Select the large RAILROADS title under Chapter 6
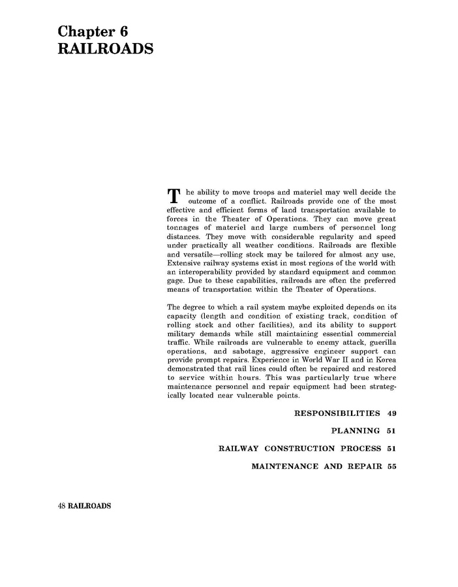(105, 50)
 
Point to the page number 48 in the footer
(63, 506)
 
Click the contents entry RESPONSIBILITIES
(337, 413)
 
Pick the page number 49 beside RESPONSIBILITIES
(391, 413)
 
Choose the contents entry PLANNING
(356, 431)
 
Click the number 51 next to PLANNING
(391, 431)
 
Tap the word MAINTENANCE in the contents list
(284, 466)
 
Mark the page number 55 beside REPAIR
(391, 466)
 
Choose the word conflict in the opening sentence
(245, 202)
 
